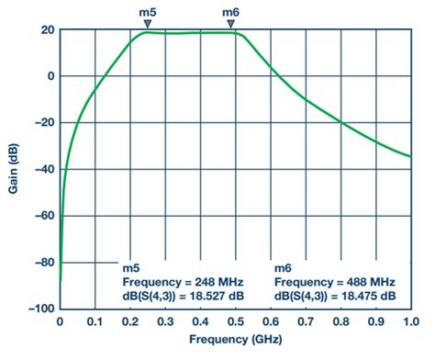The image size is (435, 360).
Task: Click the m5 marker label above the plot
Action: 146,12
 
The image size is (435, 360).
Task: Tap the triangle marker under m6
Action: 233,25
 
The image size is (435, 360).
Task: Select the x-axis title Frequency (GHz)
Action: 235,342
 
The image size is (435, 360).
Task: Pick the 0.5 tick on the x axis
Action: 235,321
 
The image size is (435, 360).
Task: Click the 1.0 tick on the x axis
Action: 410,321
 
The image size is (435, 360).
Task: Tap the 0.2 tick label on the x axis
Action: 129,321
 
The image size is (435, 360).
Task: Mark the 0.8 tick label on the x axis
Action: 340,321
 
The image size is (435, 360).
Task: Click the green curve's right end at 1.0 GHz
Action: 410,156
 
